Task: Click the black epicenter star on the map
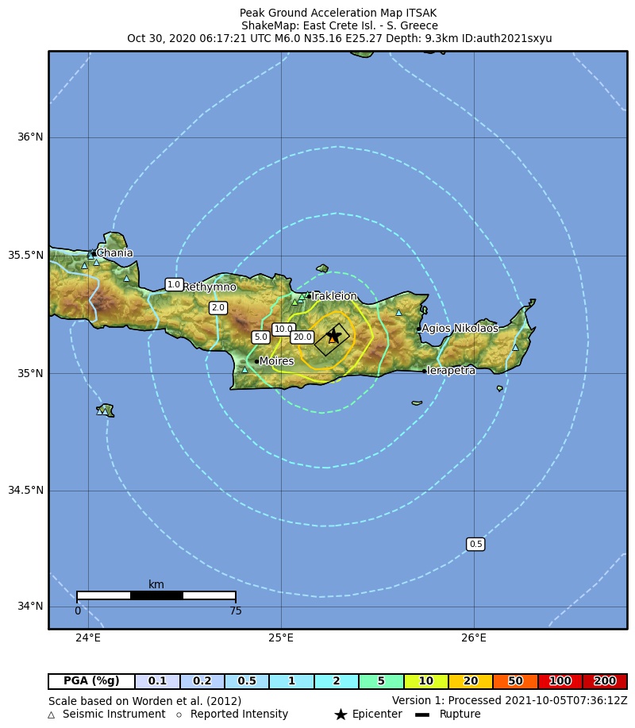coord(334,336)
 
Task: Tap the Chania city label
coord(114,253)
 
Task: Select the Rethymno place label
coord(210,287)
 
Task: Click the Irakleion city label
coord(334,296)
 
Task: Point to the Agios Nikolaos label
coord(460,328)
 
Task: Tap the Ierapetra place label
coord(451,371)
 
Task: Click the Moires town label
coord(276,361)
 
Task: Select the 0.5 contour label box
coord(475,544)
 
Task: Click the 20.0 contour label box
coord(302,337)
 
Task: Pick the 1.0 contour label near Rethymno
coord(174,284)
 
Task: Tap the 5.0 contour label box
coord(260,337)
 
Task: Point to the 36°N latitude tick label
coord(30,137)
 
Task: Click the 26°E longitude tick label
coord(474,637)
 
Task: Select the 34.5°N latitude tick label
coord(26,491)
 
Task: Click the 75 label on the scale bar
coord(236,611)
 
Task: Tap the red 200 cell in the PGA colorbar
coord(605,681)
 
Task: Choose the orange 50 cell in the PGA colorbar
coord(515,681)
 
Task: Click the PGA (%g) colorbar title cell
coord(91,681)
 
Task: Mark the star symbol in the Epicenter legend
coord(341,715)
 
